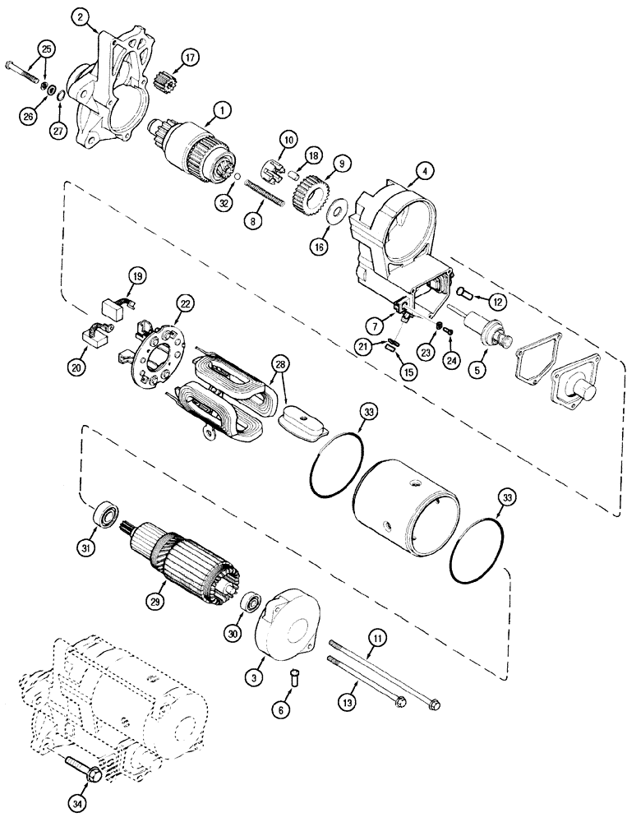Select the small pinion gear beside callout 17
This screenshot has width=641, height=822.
(x=167, y=82)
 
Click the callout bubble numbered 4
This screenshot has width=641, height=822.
(x=425, y=172)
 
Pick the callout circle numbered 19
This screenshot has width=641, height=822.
(x=136, y=276)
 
